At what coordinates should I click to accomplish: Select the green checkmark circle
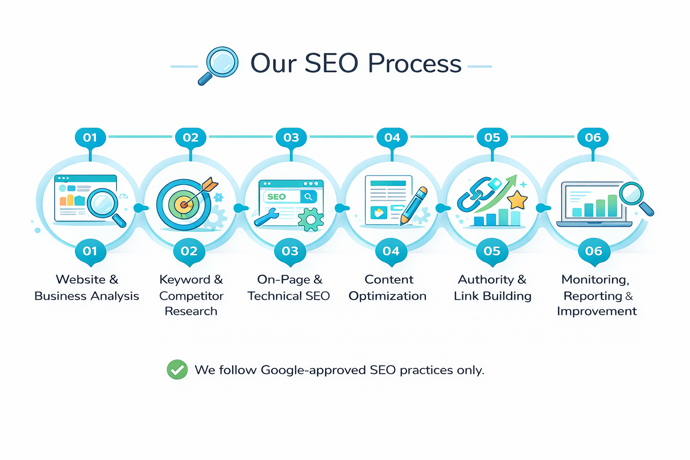tap(177, 370)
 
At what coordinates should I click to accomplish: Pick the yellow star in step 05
tap(517, 200)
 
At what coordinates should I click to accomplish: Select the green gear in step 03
tap(310, 220)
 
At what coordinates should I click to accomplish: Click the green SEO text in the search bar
tap(276, 197)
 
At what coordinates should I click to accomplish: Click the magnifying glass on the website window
tap(103, 203)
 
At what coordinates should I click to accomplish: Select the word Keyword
tap(185, 279)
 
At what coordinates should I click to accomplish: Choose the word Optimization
tap(388, 296)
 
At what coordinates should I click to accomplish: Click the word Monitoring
tap(595, 279)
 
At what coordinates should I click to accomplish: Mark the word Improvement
tap(597, 311)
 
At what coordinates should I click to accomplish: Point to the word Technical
tap(274, 296)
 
